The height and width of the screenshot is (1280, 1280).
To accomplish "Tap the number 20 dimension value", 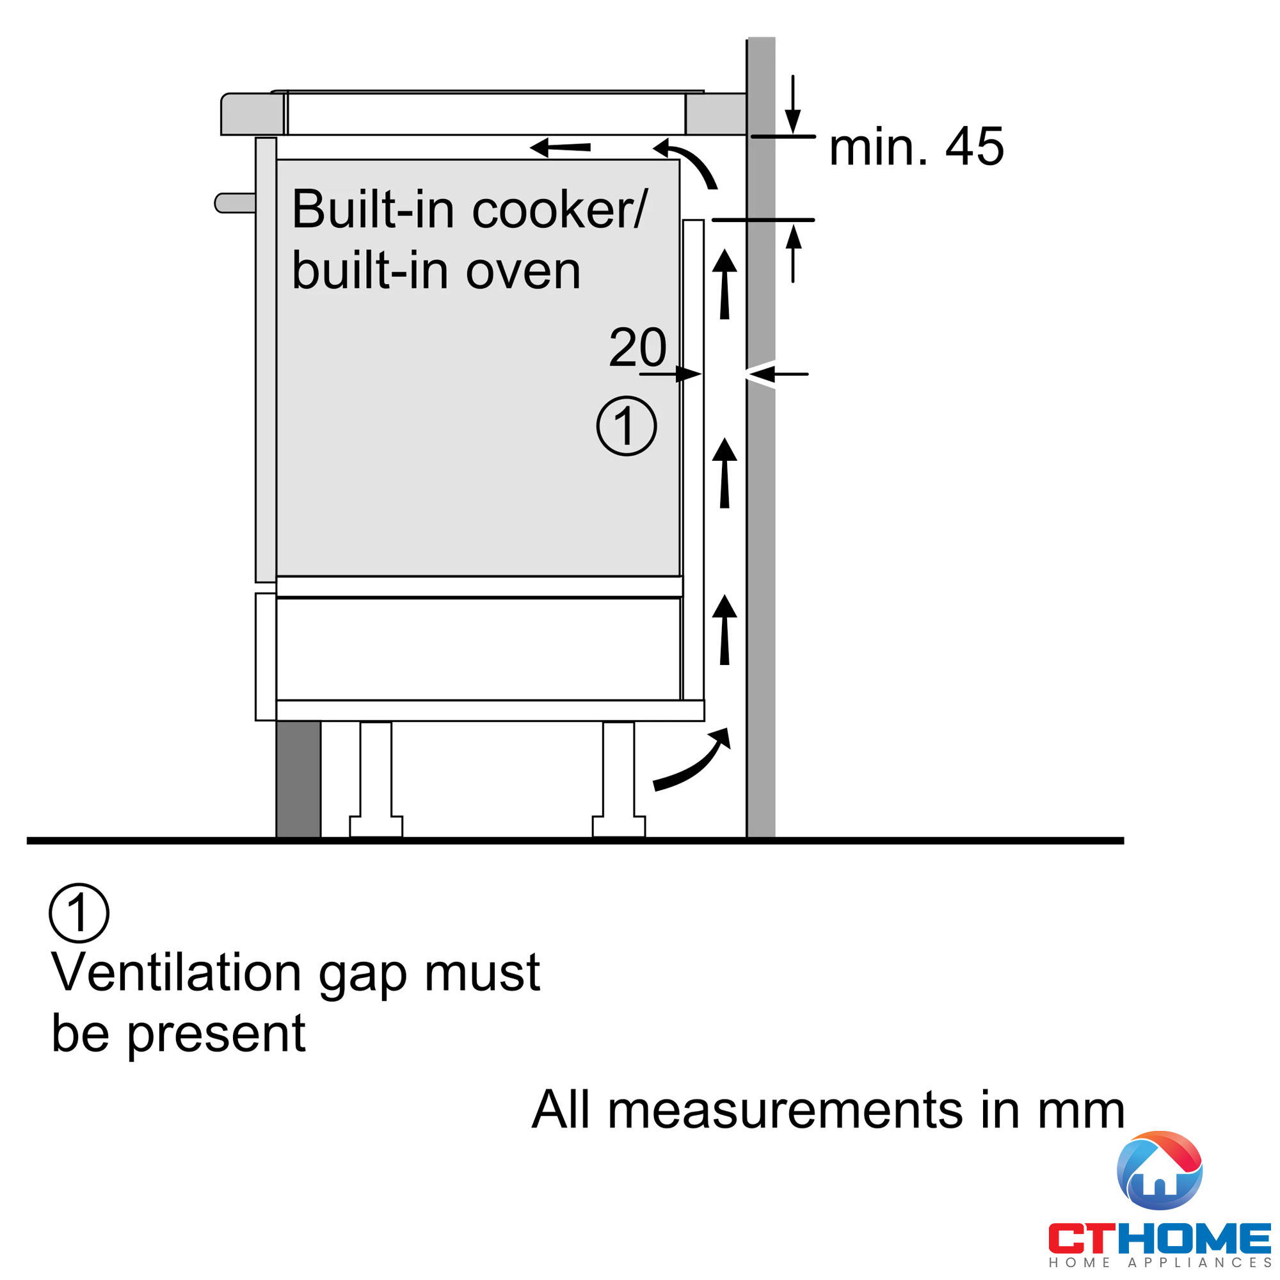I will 637,346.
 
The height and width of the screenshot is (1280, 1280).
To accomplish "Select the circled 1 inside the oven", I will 626,426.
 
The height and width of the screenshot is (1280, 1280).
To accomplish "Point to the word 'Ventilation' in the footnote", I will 177,973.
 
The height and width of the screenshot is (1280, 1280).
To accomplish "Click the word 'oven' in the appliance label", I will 523,271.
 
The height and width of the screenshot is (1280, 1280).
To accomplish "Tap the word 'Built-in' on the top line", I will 372,210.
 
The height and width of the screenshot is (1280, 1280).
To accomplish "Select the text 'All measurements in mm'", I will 828,1110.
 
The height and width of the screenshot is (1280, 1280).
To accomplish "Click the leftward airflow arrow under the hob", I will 561,147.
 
